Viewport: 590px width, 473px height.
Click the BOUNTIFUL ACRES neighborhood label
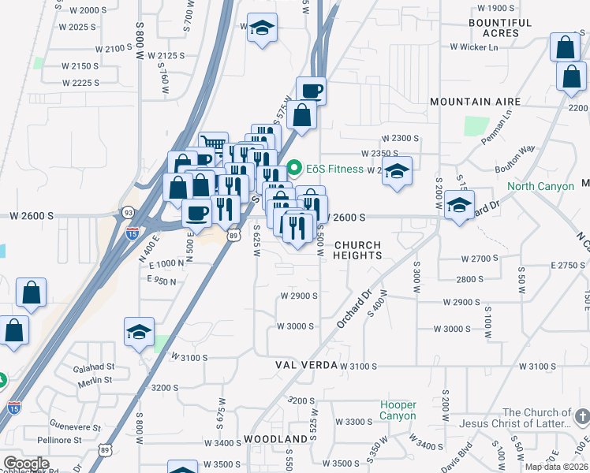click(x=500, y=28)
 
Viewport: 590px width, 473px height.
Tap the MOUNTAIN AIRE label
click(x=476, y=102)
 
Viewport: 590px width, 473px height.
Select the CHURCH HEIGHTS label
click(x=359, y=250)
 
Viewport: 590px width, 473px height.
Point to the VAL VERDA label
click(x=307, y=366)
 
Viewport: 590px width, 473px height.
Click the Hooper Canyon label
click(x=398, y=410)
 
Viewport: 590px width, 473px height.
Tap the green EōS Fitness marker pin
click(x=295, y=168)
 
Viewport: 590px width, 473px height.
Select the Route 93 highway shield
click(x=128, y=213)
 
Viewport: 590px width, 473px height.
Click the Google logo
click(x=26, y=463)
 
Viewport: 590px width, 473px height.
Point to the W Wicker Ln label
click(x=474, y=47)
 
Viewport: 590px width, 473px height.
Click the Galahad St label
click(x=93, y=367)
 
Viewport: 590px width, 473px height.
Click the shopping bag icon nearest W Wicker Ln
click(x=565, y=48)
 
